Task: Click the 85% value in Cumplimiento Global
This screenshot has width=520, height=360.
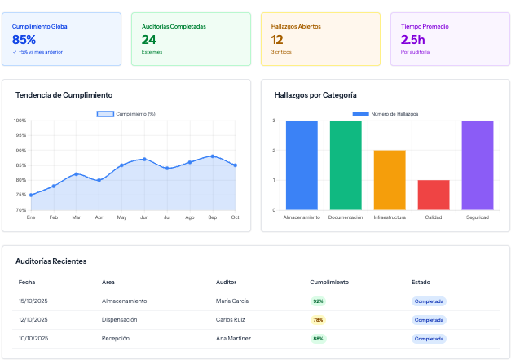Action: pos(24,40)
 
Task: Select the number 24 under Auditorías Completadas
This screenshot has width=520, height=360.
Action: pos(148,40)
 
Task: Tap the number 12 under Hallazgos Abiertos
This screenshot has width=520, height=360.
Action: pos(277,40)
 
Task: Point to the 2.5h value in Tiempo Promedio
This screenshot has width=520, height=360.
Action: pos(413,40)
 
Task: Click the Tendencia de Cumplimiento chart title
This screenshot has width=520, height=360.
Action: pos(64,95)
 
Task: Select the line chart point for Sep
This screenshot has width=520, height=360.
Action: pos(213,156)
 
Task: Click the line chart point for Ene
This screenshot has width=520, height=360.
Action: pos(31,195)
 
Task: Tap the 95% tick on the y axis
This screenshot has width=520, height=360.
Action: pos(20,135)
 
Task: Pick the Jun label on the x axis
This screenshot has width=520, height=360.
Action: pos(144,217)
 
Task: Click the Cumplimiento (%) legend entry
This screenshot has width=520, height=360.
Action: pos(126,114)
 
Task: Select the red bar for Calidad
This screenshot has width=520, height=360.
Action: pos(434,195)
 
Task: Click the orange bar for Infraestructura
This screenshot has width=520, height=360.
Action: pos(390,180)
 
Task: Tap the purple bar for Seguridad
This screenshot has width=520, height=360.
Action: pos(478,165)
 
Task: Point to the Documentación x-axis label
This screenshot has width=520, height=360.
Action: pos(346,217)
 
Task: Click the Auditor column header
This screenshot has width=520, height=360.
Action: pos(226,282)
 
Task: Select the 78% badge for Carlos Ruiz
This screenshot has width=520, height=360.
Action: pos(318,320)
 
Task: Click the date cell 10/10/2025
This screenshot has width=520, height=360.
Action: pos(33,338)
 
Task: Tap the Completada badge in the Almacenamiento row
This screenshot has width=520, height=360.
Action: pos(429,301)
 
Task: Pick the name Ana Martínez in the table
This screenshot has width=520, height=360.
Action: pos(233,338)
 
